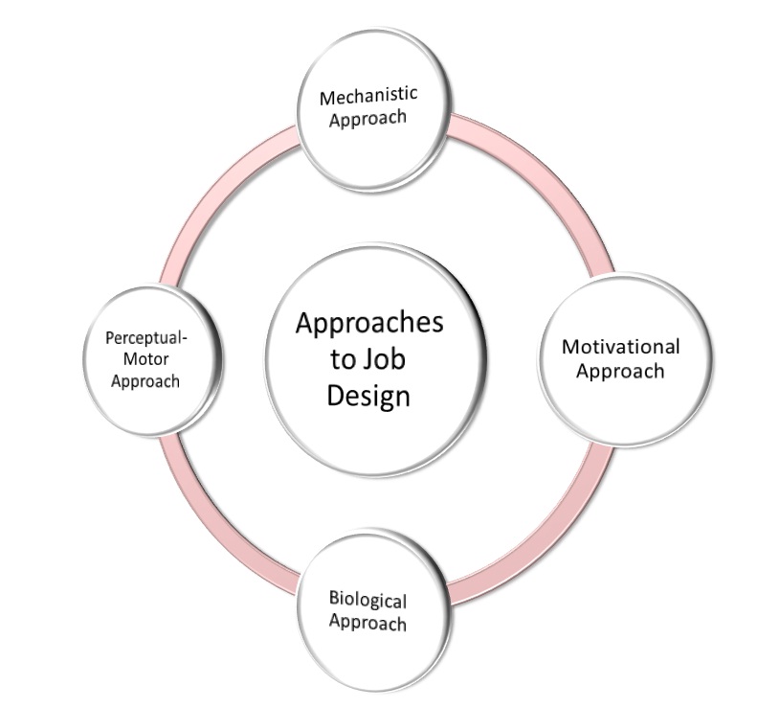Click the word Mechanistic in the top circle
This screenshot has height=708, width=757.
(368, 97)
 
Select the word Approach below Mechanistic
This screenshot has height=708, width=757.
(368, 119)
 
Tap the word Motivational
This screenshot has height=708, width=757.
(620, 347)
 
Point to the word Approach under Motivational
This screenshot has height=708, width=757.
(620, 371)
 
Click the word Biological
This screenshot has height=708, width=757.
(367, 601)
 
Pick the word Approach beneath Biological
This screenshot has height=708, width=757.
(367, 623)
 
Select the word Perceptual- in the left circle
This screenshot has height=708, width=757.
(144, 337)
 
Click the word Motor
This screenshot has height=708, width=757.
(144, 358)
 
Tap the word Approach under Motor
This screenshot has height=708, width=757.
(144, 380)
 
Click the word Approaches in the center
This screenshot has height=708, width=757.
(368, 323)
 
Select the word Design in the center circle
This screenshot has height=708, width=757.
(368, 395)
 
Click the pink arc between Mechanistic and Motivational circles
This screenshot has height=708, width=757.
(537, 171)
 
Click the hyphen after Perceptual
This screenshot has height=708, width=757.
(184, 337)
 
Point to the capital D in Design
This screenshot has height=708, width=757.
(335, 394)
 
